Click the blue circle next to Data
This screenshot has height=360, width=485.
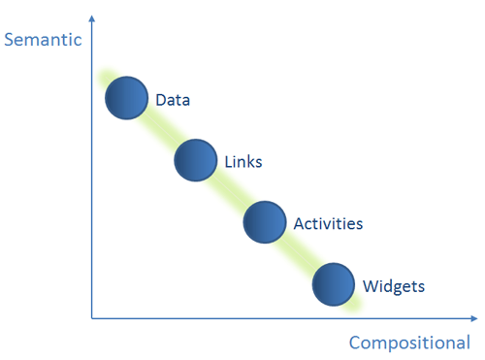(x=127, y=98)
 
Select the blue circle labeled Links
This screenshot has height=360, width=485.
(x=196, y=159)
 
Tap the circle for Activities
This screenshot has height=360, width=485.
(x=265, y=222)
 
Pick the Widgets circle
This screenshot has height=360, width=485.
(x=334, y=284)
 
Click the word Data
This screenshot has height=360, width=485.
(x=173, y=99)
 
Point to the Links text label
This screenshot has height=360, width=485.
(x=242, y=161)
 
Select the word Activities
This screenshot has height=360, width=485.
(x=328, y=224)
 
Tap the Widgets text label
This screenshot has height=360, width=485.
(x=393, y=286)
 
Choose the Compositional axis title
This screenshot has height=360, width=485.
(x=409, y=343)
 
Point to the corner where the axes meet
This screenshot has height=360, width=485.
(x=92, y=317)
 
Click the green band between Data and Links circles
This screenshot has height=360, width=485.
(x=162, y=129)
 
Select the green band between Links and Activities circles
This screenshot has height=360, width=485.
(x=231, y=191)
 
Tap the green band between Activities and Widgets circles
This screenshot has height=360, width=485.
(x=300, y=253)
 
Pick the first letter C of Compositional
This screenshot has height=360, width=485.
(x=355, y=343)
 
